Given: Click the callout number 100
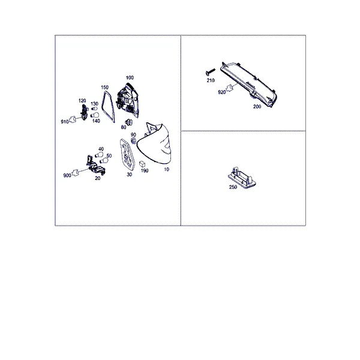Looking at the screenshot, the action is point(130,77).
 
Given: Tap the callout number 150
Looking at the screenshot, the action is point(104,87).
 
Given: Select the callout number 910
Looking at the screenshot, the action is point(65,122).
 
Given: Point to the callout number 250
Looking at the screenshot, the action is point(233,187).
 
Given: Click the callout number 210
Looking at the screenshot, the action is point(211,80).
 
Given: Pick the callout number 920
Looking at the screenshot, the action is point(222,92).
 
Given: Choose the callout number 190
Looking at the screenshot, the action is point(145,170).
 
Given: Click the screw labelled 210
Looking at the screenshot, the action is point(211,71).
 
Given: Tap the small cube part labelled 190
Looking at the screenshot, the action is point(142,164).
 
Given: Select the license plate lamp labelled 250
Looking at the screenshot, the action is point(242,178).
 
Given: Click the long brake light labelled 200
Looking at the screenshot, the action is point(249,85).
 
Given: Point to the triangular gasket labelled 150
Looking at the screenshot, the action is point(108,107).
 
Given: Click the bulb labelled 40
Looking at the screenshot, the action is point(99,155).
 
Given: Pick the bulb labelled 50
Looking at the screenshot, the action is point(104,160).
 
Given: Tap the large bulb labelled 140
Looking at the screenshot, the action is point(95,115).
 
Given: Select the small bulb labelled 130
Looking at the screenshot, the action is point(94,109).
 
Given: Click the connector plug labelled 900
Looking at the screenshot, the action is point(76,173).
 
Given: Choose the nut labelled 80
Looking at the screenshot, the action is point(129,122).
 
